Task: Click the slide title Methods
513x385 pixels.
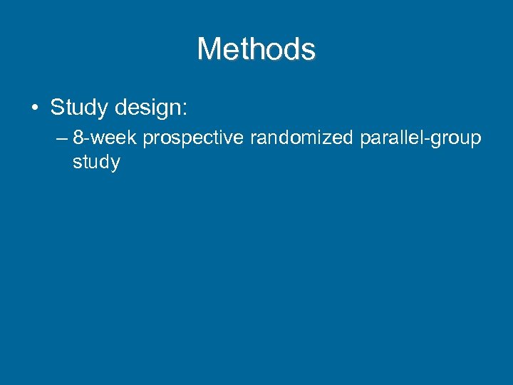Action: point(256,49)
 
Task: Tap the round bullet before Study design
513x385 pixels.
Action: point(34,109)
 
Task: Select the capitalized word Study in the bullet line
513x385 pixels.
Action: point(75,108)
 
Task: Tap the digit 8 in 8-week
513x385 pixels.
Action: point(78,138)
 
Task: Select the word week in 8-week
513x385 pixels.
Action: point(114,138)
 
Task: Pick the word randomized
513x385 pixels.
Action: point(301,138)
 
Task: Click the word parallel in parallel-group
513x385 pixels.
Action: point(390,138)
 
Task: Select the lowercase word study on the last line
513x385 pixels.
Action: point(96,163)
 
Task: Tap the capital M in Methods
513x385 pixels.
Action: point(210,49)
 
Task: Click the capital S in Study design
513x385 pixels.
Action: point(57,108)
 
